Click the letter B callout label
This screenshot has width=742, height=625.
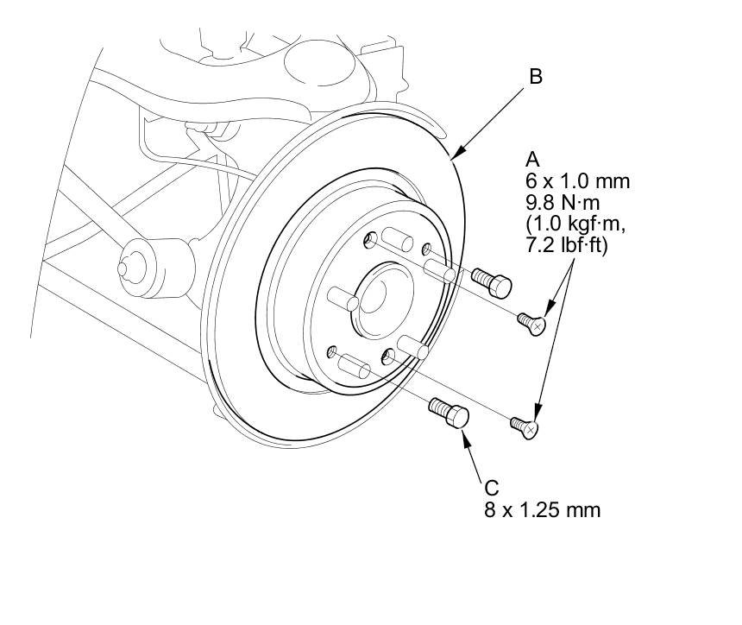click(x=535, y=76)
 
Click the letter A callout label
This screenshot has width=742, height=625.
click(x=532, y=159)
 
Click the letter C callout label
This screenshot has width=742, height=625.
click(x=492, y=488)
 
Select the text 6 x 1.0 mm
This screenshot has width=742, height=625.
click(x=577, y=181)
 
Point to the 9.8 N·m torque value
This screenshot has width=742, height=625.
click(x=563, y=202)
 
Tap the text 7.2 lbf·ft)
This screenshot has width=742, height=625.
click(x=566, y=245)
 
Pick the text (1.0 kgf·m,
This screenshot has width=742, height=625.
click(x=575, y=224)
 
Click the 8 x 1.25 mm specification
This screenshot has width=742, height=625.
click(x=543, y=510)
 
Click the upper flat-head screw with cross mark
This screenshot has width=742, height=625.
click(x=531, y=324)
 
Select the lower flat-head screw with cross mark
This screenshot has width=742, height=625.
click(x=525, y=427)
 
